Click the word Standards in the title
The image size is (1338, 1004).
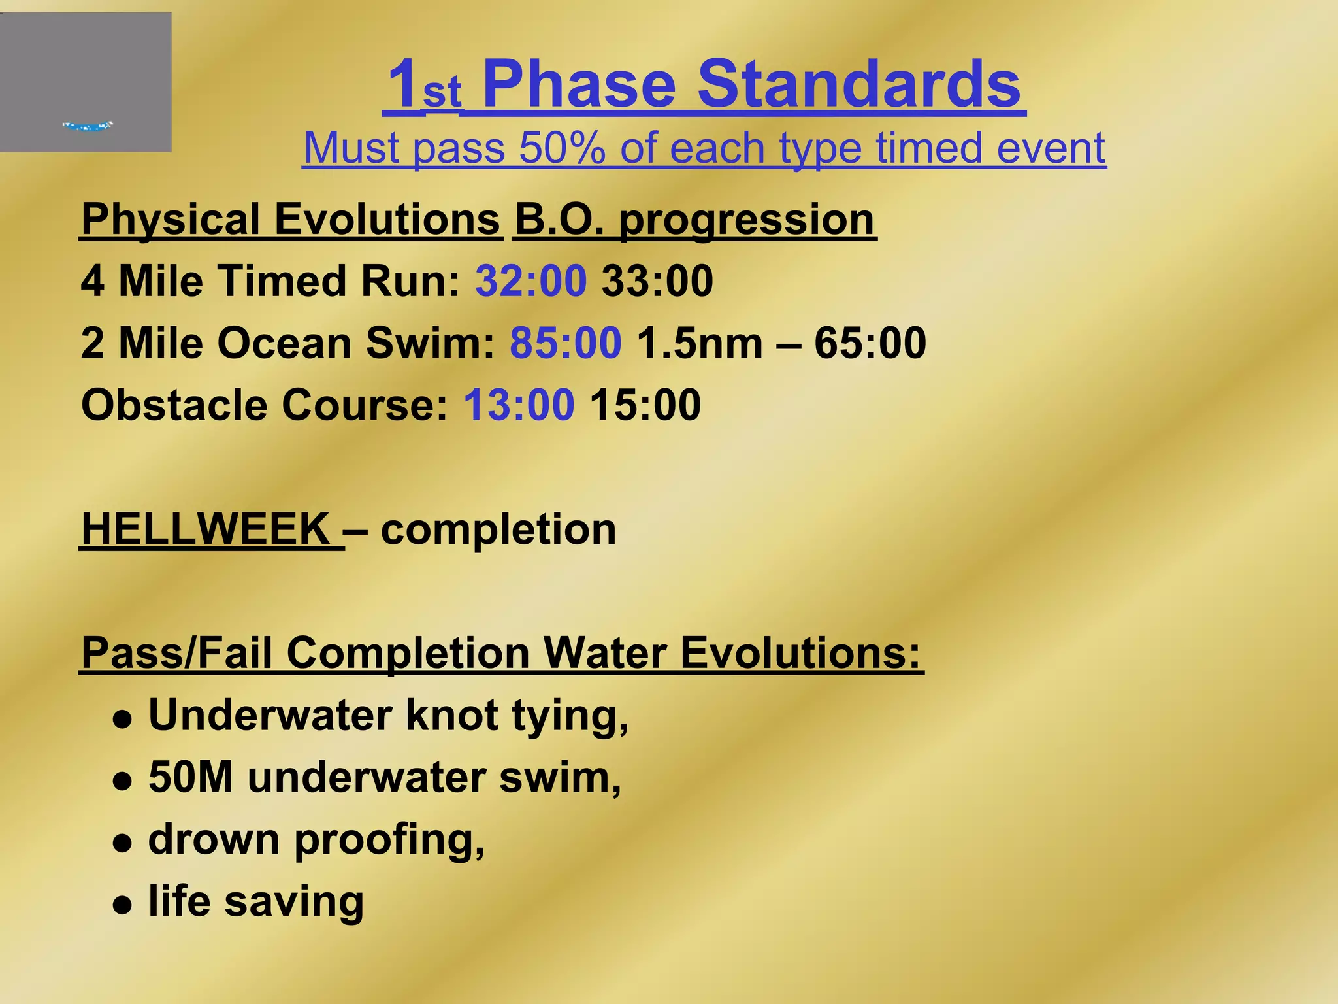click(x=858, y=85)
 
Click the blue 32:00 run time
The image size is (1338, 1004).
click(x=530, y=281)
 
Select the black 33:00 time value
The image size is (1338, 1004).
click(x=657, y=281)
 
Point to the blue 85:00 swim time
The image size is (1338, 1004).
click(x=565, y=343)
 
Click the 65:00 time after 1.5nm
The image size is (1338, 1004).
click(x=870, y=343)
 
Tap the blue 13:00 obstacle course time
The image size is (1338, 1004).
click(x=519, y=405)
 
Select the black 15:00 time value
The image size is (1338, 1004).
click(x=645, y=405)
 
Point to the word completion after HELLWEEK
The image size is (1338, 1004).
click(x=498, y=530)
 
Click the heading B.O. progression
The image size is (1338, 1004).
click(x=694, y=220)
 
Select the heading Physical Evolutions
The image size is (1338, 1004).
click(x=291, y=220)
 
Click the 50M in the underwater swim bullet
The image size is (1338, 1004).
click(x=190, y=777)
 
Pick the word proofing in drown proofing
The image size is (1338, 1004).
click(x=389, y=841)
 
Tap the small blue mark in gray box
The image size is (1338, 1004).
click(x=88, y=125)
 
